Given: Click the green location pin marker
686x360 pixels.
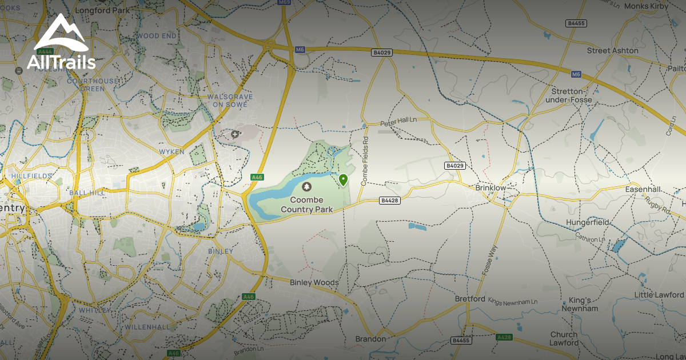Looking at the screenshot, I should click(x=343, y=180).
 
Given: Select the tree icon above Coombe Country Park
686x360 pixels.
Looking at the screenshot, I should click(x=307, y=187).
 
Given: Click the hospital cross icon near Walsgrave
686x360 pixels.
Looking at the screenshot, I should click(x=235, y=134).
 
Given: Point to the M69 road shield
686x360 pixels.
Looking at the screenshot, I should click(x=284, y=3).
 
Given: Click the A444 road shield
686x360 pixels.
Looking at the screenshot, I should click(x=46, y=51).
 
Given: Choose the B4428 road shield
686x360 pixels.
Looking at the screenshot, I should click(x=389, y=201).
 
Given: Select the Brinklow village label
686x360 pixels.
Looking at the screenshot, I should click(x=491, y=187).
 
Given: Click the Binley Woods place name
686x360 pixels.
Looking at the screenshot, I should click(x=314, y=282).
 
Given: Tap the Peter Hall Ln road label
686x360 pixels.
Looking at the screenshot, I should click(x=398, y=122).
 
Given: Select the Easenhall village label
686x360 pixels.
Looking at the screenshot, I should click(x=643, y=189).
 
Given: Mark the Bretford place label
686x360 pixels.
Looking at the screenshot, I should click(x=469, y=299).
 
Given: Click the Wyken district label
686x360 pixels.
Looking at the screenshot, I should click(x=172, y=151).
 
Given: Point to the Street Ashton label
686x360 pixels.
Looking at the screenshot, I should click(x=612, y=51).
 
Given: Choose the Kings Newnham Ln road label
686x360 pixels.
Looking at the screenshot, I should click(x=513, y=301).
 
